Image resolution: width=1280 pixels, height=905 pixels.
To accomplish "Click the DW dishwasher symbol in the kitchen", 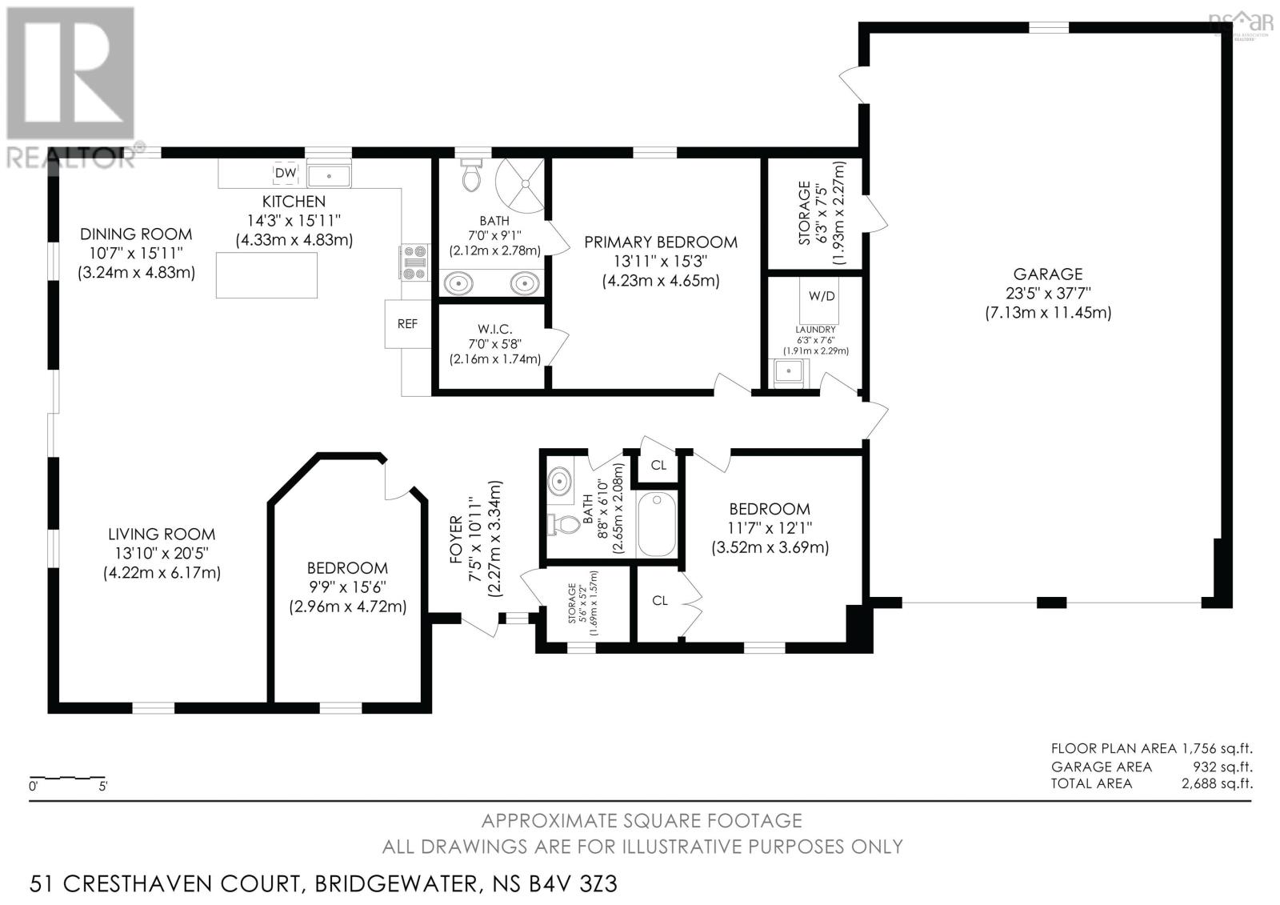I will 286,173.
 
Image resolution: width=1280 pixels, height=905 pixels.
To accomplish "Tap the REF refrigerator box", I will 407,323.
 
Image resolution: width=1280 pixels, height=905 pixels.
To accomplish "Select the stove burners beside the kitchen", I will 414,262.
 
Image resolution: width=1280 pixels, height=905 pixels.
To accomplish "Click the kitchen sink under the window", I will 329,174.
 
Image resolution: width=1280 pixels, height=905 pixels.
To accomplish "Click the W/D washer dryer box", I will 821,296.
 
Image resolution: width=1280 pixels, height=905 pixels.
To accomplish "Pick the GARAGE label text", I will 1047,274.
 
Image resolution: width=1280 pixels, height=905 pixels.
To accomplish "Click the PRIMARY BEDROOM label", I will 661,242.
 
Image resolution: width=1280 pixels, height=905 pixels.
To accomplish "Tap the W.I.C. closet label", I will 495,329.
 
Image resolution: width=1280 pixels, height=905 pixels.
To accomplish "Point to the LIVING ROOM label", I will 162,535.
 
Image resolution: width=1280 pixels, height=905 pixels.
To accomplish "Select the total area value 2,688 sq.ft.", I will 1216,783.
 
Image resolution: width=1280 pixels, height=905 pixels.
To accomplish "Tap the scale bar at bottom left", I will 67,777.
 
